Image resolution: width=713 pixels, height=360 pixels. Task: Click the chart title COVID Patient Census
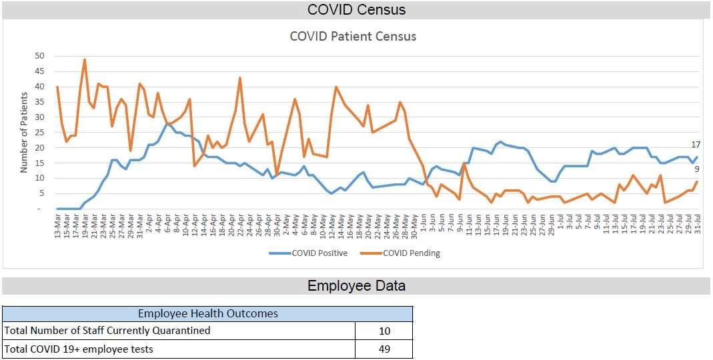[353, 36]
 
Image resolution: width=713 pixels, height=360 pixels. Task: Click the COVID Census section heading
[356, 9]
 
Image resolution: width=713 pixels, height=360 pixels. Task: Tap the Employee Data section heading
[356, 286]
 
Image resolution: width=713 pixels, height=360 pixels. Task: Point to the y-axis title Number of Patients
[24, 133]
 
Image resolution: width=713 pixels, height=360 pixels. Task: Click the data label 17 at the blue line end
[696, 145]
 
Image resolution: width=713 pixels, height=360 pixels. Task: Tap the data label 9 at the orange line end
[697, 169]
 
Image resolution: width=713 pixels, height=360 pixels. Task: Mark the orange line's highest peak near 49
[85, 59]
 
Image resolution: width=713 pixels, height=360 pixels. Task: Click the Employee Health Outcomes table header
[207, 313]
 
